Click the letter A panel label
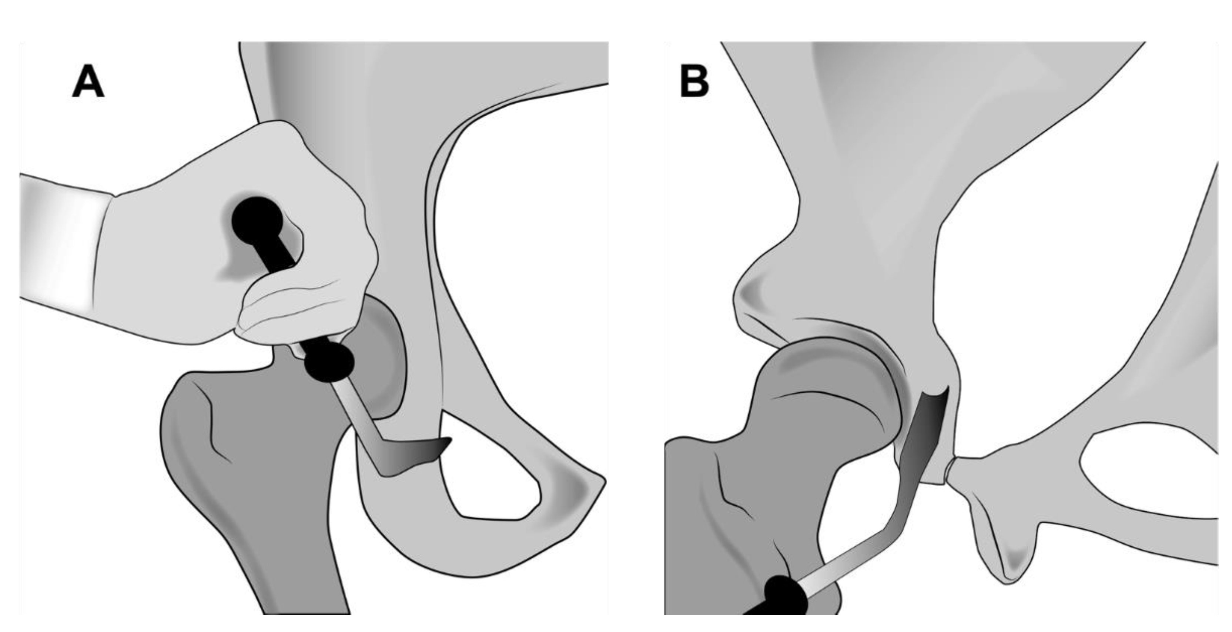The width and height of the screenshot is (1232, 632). pyautogui.click(x=88, y=82)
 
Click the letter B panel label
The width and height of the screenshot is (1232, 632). pyautogui.click(x=694, y=82)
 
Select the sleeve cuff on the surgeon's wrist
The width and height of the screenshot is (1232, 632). pyautogui.click(x=62, y=244)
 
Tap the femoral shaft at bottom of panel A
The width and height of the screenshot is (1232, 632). pyautogui.click(x=301, y=574)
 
